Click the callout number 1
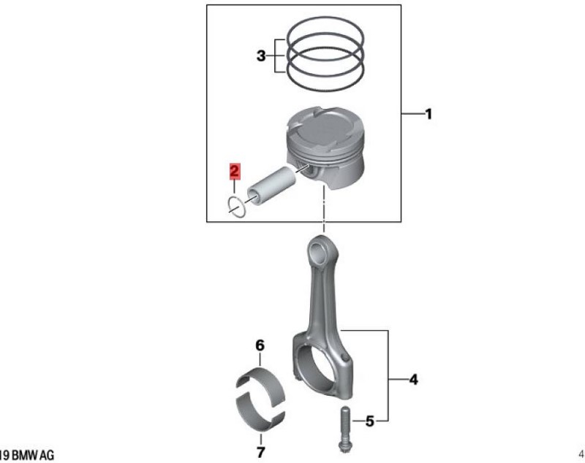coord(429,114)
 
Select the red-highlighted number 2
coord(234,172)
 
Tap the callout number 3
coord(261,56)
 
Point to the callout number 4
coord(413,380)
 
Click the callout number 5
coord(369,421)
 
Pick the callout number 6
coord(260,345)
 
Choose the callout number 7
coord(261,452)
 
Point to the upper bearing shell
coord(261,383)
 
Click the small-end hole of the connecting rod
coord(319,253)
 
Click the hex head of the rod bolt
coord(344,447)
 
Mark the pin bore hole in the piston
coord(311,171)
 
